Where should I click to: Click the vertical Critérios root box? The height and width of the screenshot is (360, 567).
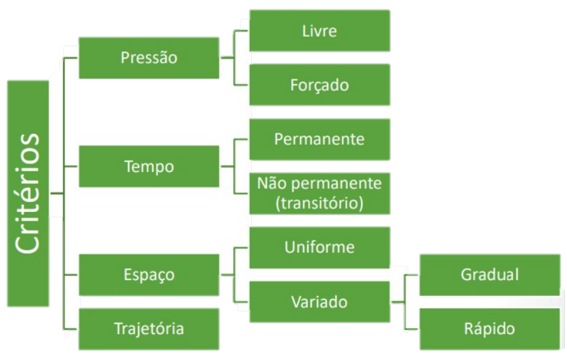[28, 193]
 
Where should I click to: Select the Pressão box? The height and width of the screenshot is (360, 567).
[149, 58]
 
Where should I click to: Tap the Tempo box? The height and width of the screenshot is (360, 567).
[149, 167]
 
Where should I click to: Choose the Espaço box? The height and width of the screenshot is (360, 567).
[149, 275]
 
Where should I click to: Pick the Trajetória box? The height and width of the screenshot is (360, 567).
[149, 329]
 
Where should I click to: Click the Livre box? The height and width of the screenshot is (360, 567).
[320, 31]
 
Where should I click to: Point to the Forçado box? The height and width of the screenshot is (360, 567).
[320, 85]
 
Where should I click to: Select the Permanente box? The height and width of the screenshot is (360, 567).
[320, 139]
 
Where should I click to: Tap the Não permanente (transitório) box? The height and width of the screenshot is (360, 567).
[320, 193]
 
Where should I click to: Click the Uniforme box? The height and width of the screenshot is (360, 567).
[320, 248]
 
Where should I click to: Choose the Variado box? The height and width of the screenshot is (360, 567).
[320, 302]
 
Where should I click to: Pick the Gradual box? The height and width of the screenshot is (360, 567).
[490, 275]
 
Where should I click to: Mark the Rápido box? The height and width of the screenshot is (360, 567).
[490, 329]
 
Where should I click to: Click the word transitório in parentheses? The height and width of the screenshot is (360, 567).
[320, 203]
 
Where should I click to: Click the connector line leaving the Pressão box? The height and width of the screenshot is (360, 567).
[227, 57]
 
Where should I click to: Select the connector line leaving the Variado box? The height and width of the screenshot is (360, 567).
[398, 302]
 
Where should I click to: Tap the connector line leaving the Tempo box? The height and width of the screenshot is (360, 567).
[227, 167]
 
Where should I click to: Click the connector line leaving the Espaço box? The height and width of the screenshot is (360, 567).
[227, 275]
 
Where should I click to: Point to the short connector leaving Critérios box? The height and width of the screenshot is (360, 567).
[57, 193]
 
